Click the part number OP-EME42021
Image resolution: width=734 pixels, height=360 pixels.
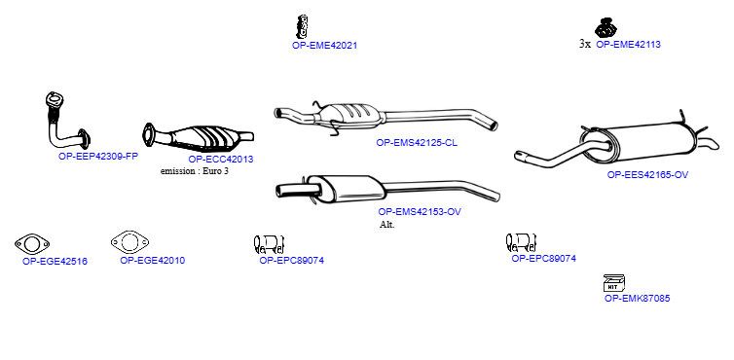[x=324, y=46]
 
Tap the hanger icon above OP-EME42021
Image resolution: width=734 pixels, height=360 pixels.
[x=303, y=26]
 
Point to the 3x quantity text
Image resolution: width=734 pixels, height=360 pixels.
[x=585, y=45]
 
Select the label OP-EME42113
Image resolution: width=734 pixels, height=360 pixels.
[x=628, y=45]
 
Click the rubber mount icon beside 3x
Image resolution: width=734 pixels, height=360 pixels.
[x=606, y=28]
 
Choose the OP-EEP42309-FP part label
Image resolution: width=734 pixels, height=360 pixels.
[x=98, y=157]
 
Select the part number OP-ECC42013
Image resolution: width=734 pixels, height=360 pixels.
[x=221, y=160]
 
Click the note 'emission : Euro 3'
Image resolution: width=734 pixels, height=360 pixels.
[x=195, y=171]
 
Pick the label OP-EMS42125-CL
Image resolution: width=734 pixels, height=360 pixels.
[x=417, y=143]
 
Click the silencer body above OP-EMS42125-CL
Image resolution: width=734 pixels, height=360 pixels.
[x=351, y=116]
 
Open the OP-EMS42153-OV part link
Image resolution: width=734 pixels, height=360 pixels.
[x=420, y=211]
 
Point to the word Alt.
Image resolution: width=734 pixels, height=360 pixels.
[x=387, y=224]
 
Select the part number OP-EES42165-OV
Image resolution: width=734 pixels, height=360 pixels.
[x=648, y=174]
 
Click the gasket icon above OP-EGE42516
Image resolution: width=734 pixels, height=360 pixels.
[x=32, y=244]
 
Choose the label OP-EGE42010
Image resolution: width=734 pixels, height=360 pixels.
[x=153, y=261]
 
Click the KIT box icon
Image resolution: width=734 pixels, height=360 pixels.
[x=613, y=283]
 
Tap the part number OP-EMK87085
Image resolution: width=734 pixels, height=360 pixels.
[x=637, y=298]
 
